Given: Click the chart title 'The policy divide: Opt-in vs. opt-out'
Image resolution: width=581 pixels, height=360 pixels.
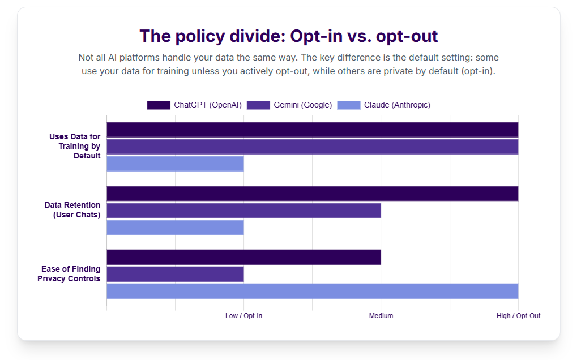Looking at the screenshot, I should [x=289, y=36].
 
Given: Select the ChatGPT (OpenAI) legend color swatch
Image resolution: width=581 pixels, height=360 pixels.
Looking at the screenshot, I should [x=159, y=105].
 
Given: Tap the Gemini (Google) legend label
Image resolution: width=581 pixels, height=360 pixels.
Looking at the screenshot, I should [x=302, y=105].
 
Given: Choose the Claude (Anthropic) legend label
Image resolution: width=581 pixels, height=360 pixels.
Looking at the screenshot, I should [x=397, y=105].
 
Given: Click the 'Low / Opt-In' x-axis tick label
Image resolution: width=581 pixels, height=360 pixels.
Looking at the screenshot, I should [x=243, y=316].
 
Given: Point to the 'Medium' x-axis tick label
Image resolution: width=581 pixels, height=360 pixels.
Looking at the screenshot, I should [x=381, y=316].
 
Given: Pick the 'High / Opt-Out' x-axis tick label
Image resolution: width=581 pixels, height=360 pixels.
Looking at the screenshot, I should [x=518, y=316].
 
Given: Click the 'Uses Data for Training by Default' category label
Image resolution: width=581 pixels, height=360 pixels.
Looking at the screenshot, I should [x=75, y=146].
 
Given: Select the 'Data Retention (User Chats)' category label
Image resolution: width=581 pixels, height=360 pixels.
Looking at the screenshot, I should [x=72, y=209].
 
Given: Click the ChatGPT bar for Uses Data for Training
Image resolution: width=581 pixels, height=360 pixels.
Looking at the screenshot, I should [x=312, y=130].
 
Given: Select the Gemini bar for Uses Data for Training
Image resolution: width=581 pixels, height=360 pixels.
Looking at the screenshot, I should [x=312, y=147].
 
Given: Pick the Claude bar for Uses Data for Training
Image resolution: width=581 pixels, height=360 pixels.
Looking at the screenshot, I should [x=175, y=164].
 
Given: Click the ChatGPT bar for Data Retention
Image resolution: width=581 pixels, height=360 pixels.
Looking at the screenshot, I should [x=312, y=194].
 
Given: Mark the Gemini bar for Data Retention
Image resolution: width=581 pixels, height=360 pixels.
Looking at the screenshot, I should [x=243, y=211].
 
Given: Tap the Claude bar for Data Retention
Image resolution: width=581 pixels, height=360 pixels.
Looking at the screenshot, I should [x=175, y=228].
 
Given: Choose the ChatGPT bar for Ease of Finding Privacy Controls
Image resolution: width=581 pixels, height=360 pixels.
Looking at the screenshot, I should [x=243, y=257].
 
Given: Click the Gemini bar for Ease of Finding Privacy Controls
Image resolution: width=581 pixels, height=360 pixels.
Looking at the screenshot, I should [x=175, y=274].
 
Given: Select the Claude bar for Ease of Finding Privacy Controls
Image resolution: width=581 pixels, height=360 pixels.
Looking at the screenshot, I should [x=312, y=291].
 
